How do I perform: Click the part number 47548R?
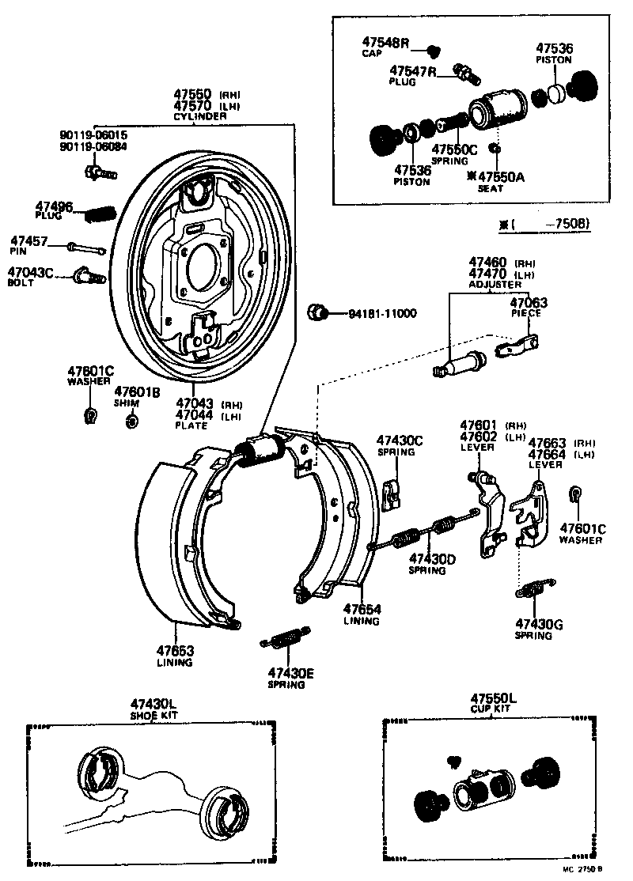tap(386, 41)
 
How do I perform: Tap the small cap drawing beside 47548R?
tap(433, 51)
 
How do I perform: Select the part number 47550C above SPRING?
tap(454, 149)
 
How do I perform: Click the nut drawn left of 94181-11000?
tap(318, 312)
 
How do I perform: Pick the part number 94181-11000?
tap(382, 313)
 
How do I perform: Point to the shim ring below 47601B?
tap(132, 420)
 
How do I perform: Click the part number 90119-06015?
tap(93, 134)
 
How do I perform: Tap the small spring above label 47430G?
tap(536, 589)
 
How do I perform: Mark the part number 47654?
tap(362, 609)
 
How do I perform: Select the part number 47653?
tap(174, 651)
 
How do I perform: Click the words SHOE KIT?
tap(154, 716)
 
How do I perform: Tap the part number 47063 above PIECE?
tap(528, 302)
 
